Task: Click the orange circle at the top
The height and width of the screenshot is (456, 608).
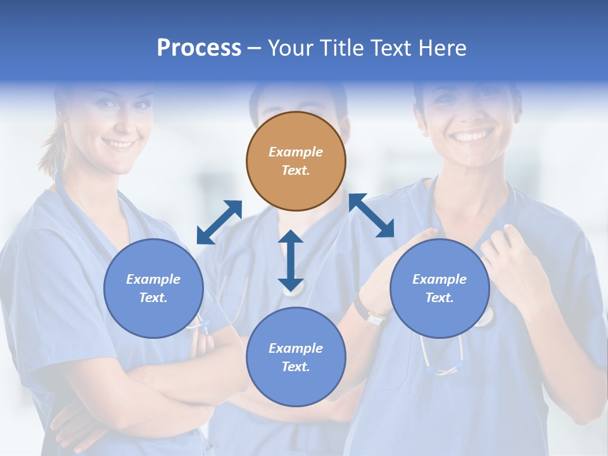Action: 296,161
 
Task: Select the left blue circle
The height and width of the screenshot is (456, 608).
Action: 153,288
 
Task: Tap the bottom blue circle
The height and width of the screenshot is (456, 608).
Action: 296,357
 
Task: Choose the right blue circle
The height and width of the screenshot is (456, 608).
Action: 440,288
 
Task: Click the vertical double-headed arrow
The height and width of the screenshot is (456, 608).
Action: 291,260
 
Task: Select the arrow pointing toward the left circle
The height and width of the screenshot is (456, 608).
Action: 219,222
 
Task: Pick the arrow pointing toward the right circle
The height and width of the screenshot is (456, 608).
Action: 372,215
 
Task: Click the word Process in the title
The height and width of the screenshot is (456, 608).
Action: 199,47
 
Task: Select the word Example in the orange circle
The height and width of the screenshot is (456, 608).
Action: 296,152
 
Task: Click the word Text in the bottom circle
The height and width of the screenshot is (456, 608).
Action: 294,367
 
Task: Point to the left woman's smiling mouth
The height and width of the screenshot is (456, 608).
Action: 118,144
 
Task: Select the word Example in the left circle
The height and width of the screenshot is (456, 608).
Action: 153,279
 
